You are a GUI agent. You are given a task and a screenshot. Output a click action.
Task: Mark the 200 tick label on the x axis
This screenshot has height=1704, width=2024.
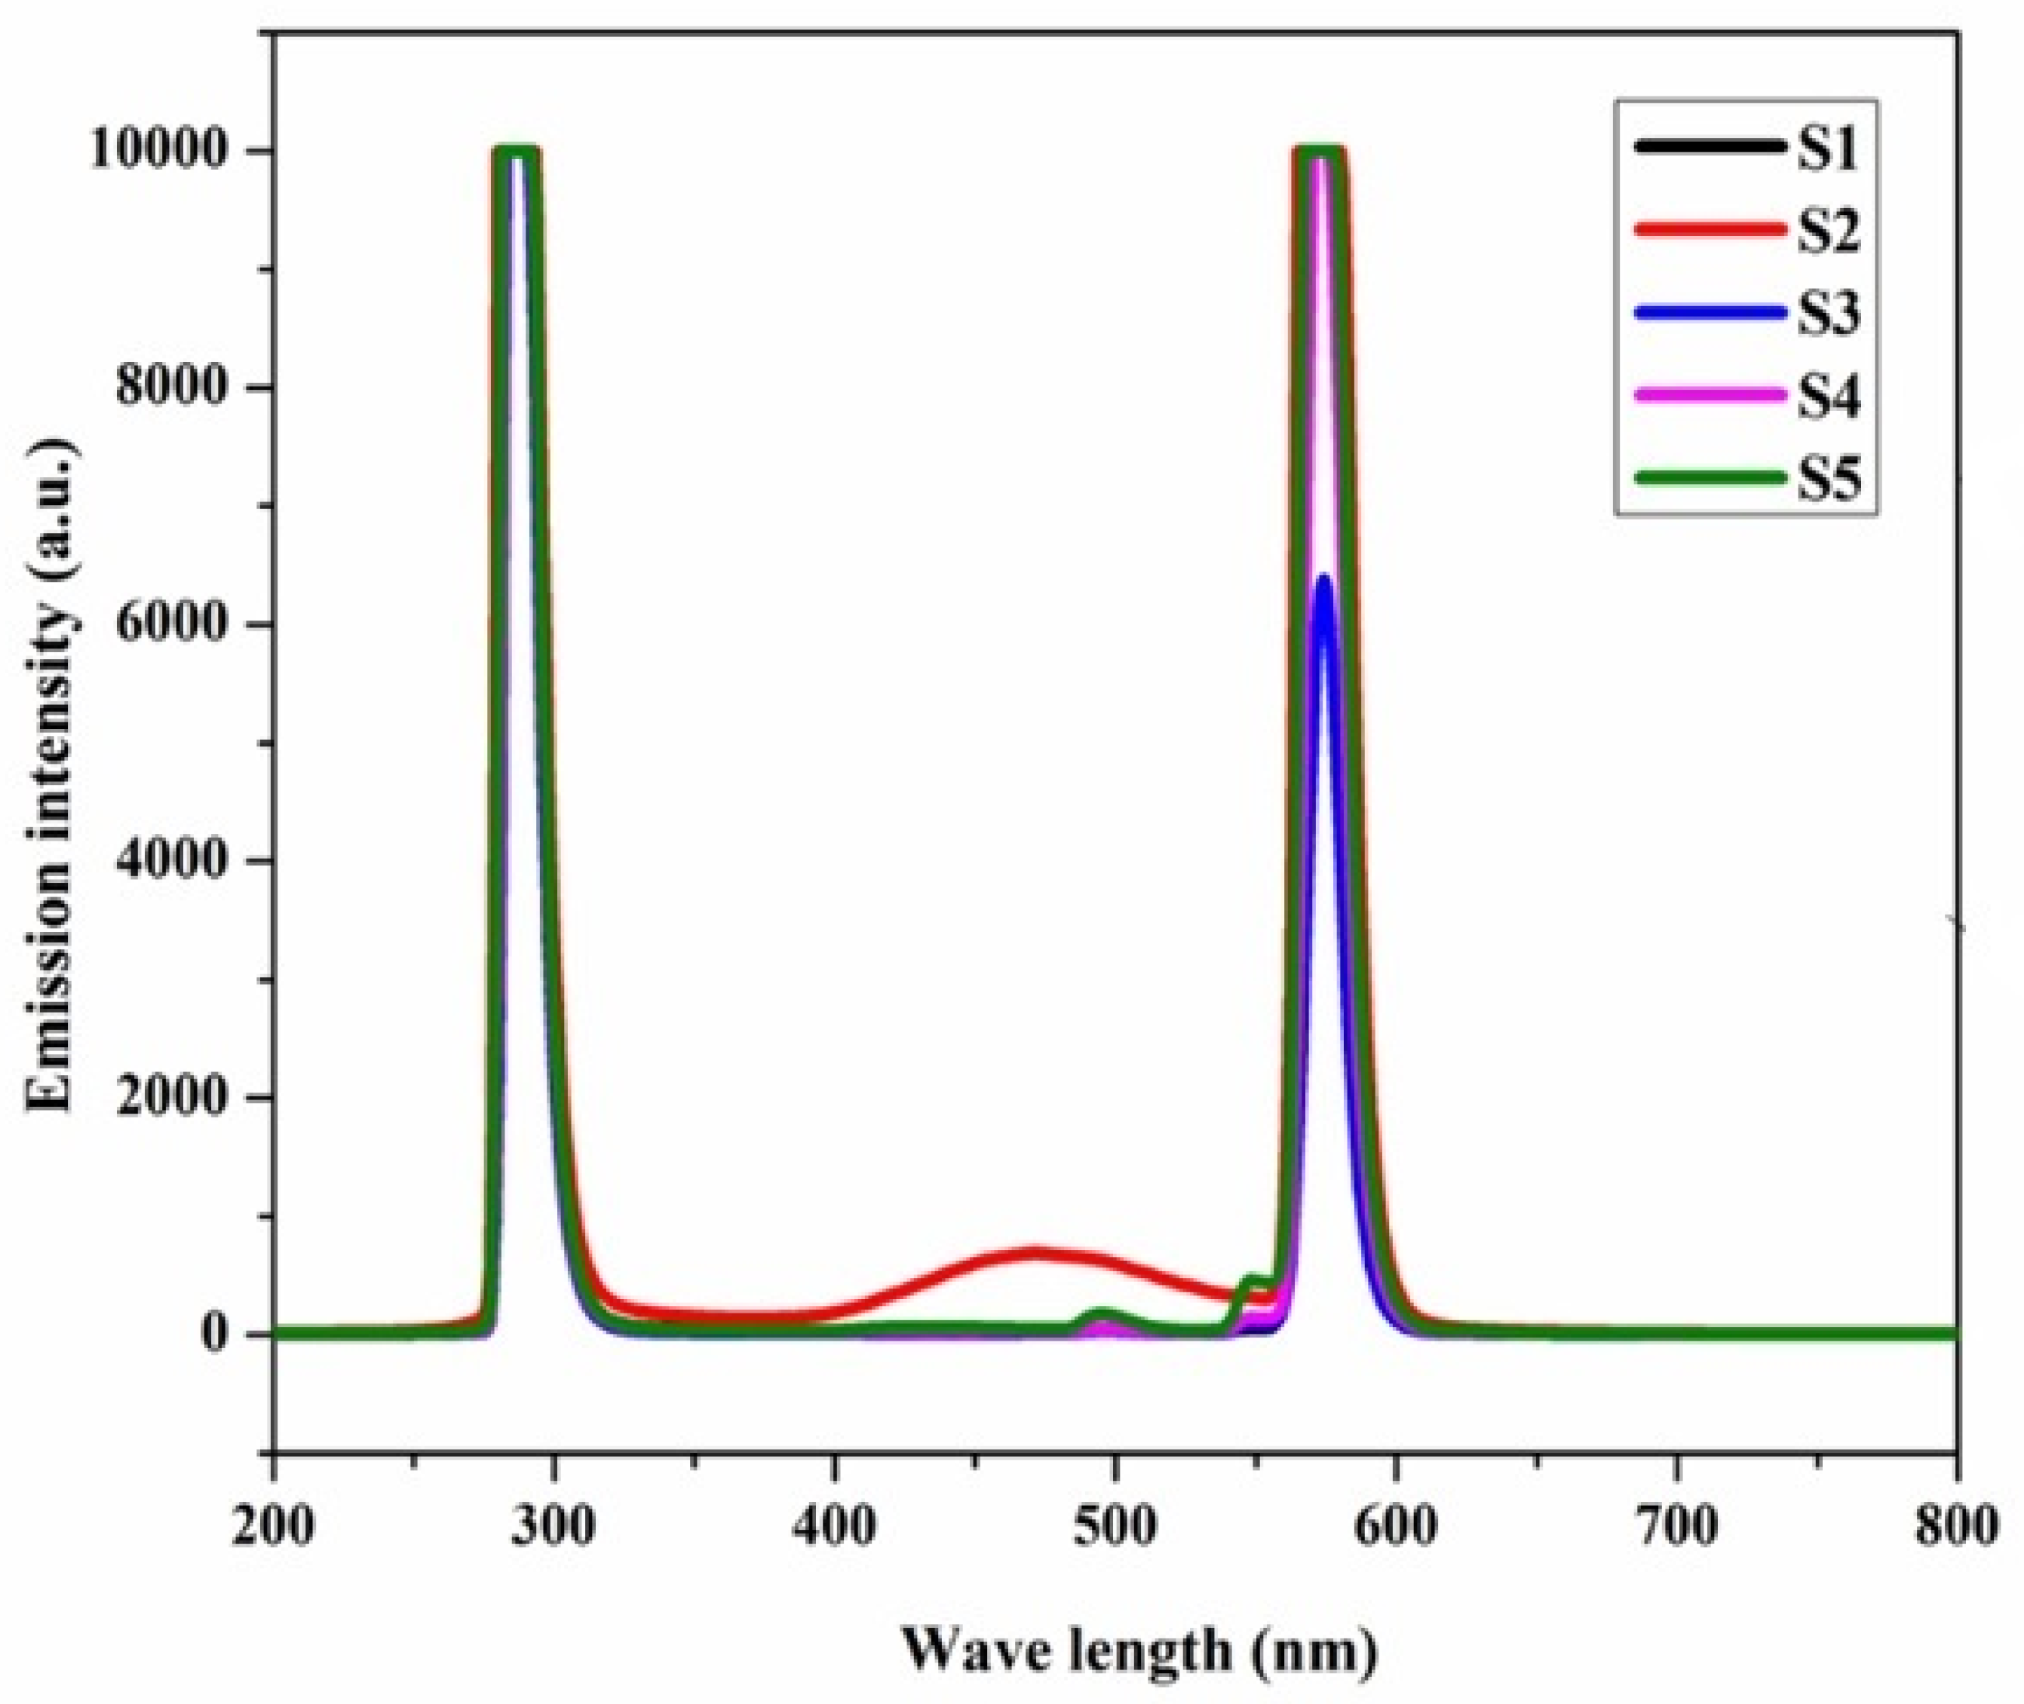pyautogui.click(x=274, y=1528)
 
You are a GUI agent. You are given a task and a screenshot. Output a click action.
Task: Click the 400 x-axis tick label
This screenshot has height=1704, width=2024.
pyautogui.click(x=835, y=1528)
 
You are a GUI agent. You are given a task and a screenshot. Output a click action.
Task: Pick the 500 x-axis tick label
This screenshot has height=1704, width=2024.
pyautogui.click(x=1116, y=1528)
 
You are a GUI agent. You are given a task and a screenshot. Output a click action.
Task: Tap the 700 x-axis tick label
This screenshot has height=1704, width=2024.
pyautogui.click(x=1676, y=1528)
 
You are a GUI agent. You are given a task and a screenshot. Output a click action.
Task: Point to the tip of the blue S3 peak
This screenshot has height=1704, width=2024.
pyautogui.click(x=1323, y=578)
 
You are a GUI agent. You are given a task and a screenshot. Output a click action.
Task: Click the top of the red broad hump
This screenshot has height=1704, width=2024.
pyautogui.click(x=1034, y=1253)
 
